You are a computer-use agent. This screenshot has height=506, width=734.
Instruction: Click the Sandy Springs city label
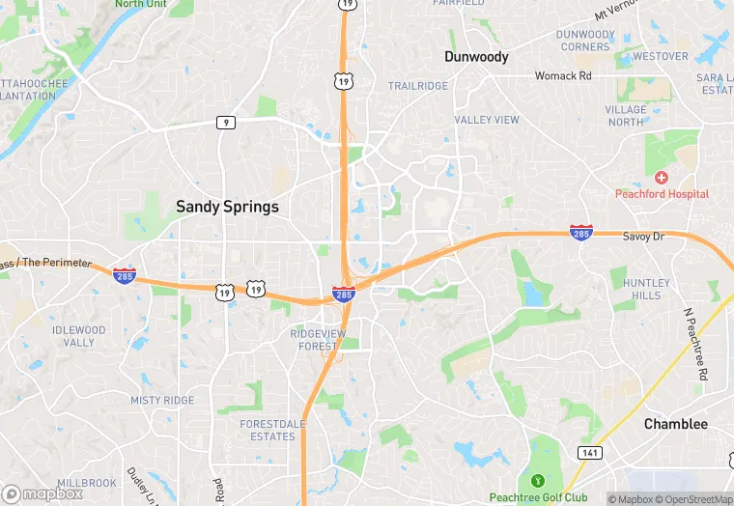227,207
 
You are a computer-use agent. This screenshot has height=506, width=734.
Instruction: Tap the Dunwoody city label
476,57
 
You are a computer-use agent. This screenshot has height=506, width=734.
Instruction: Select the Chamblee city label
676,424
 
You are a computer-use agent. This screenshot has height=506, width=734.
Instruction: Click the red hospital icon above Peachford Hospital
662,178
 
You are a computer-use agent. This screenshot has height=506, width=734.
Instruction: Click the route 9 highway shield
225,122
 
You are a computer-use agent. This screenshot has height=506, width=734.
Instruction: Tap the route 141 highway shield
591,452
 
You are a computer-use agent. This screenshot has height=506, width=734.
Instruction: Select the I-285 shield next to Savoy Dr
580,232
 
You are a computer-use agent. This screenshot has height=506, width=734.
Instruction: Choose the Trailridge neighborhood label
418,86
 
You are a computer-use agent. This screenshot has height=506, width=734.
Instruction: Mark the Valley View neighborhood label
487,120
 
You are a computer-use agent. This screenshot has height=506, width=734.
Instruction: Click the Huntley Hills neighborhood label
646,289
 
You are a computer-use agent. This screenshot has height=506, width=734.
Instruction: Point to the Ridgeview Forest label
318,340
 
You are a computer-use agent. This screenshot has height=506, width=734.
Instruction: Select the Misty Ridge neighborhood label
162,401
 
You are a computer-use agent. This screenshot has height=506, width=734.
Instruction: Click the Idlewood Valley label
79,336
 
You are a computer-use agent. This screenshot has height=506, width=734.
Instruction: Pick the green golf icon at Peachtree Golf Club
538,480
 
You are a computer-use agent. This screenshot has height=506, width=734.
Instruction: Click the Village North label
626,116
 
